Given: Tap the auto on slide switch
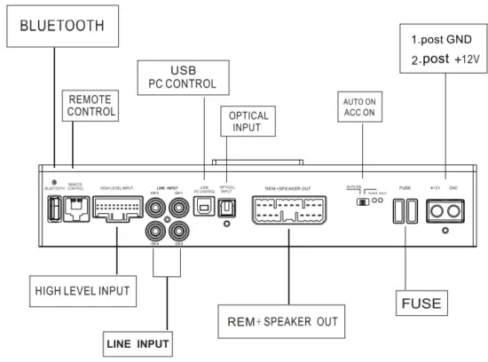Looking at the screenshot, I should point(361,201).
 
